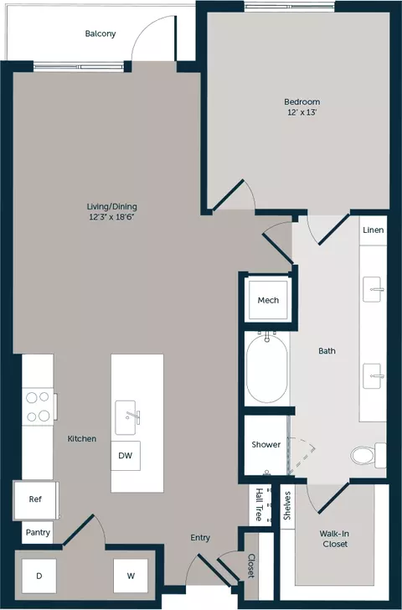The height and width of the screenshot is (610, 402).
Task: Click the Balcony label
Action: pos(100,34)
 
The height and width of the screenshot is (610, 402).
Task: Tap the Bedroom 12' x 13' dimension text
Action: pos(302,112)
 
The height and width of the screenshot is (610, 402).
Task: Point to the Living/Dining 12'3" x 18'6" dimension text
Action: pos(111,217)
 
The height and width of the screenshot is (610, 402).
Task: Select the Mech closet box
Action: pos(268,300)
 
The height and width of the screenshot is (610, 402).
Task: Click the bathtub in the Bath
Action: pos(267,368)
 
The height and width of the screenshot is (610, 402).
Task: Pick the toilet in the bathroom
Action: pos(368,454)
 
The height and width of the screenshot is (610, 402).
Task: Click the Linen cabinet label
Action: pos(374,230)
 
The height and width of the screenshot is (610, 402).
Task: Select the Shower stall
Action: pos(266,445)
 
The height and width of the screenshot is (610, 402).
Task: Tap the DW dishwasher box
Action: pos(126,456)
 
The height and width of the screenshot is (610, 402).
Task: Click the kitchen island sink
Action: pos(126,418)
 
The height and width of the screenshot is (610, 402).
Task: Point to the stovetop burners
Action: pos(38,406)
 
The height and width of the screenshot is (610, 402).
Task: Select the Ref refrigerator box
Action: pos(36,499)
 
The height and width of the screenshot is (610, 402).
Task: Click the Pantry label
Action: pos(38,532)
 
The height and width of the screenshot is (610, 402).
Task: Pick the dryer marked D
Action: pos(39,576)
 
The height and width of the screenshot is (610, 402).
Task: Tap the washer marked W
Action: pos(131,576)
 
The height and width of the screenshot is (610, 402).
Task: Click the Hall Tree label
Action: pos(259,504)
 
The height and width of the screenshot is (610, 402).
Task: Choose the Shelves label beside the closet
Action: pos(287,506)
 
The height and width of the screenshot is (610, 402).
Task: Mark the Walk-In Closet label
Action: pos(334,539)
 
